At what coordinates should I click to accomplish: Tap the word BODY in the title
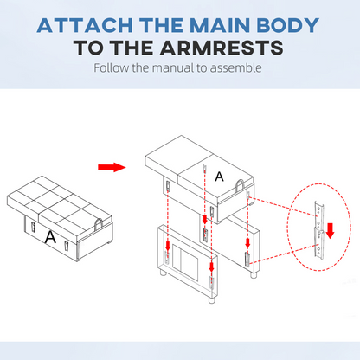click(x=287, y=25)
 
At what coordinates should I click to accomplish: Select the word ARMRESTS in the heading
click(x=222, y=48)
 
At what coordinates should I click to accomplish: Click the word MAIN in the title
click(x=220, y=25)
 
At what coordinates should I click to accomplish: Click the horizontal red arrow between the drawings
click(x=112, y=167)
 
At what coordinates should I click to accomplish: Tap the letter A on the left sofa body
click(x=50, y=237)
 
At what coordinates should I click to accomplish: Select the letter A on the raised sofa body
click(x=219, y=177)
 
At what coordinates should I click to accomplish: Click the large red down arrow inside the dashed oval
click(x=331, y=230)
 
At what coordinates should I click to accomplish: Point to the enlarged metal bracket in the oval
click(x=318, y=229)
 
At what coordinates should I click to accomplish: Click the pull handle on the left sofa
click(x=99, y=224)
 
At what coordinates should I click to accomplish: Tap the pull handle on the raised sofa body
click(x=241, y=185)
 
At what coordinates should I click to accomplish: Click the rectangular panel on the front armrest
click(x=185, y=262)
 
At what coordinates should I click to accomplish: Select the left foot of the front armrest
click(x=164, y=273)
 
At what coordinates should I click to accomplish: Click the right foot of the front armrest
click(x=212, y=300)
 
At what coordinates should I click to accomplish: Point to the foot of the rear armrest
click(x=254, y=274)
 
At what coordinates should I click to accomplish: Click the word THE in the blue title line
click(x=161, y=25)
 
